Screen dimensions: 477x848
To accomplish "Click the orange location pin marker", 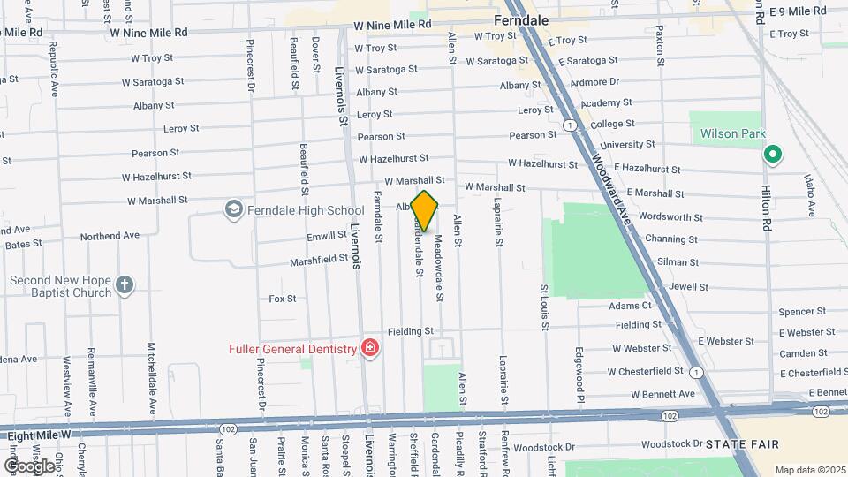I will pos(424,210).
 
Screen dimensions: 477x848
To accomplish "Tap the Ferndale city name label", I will pos(522,19).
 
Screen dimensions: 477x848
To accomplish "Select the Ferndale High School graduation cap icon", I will pos(233,209).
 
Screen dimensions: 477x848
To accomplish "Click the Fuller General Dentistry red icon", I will pos(369,349).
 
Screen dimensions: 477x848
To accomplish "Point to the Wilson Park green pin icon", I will pos(773,155).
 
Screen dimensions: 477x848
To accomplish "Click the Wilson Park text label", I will pos(731,134).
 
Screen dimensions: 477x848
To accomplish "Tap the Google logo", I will pos(29,466).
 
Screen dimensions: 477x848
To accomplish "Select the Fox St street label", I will pos(283,299).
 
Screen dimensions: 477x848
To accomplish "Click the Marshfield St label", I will pos(320,261).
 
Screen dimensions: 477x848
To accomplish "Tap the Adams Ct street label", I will pos(629,306).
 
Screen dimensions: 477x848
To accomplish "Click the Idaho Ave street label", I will pos(809,195).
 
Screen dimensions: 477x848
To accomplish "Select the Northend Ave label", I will pos(110,236).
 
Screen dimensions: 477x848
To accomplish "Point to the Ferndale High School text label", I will pos(307,210).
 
